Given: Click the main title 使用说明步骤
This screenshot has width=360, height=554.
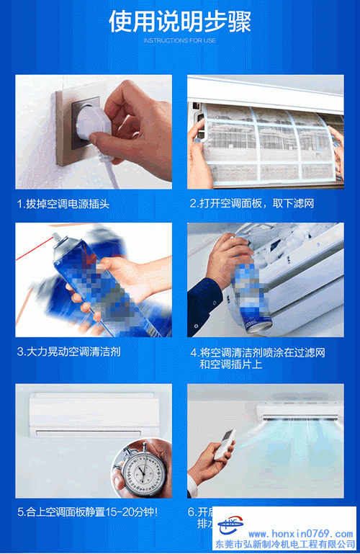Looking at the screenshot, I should [180, 21].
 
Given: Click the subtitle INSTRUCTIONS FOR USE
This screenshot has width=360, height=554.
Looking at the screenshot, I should [180, 40].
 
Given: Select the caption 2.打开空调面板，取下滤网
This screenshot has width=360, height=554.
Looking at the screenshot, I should [252, 204].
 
